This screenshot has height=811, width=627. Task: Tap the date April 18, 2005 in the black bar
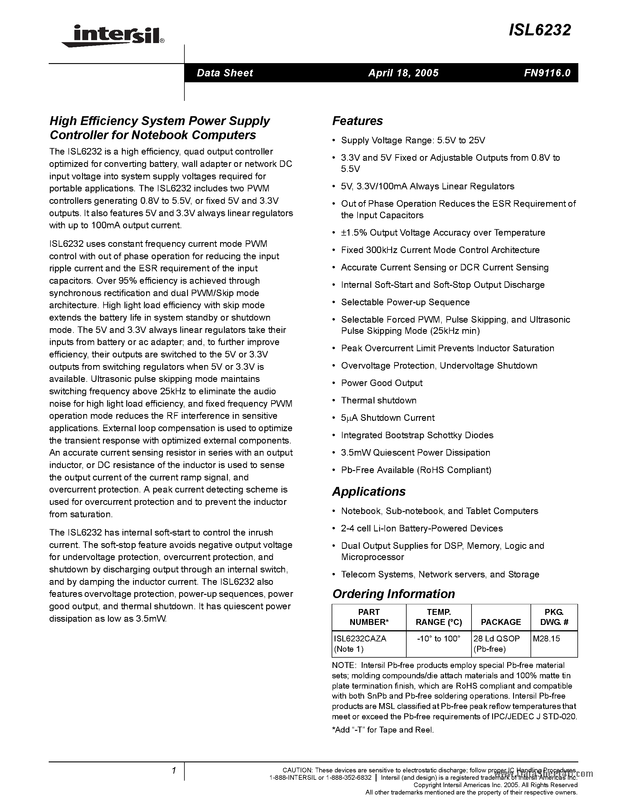point(403,73)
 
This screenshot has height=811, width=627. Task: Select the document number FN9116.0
point(547,73)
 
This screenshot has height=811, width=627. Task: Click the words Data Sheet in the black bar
point(225,73)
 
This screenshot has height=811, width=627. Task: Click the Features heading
point(357,121)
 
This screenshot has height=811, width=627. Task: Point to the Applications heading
point(369,491)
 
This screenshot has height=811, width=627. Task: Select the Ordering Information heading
point(393,594)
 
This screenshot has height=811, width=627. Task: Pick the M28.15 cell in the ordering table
point(546,638)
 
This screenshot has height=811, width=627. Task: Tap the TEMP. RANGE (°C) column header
point(439,617)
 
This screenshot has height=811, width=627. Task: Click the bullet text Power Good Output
point(382,383)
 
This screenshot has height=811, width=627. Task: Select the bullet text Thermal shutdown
point(379,400)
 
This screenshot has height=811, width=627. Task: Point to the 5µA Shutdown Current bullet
point(387,418)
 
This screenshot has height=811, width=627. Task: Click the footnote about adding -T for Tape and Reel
point(383,730)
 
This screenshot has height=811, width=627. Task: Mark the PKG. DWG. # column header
point(554,617)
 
